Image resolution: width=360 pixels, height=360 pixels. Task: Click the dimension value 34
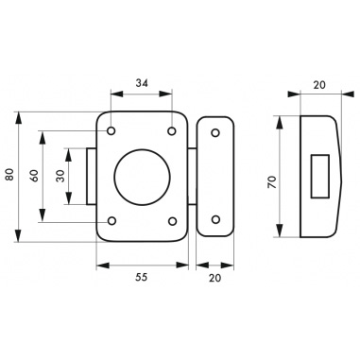pyautogui.click(x=142, y=83)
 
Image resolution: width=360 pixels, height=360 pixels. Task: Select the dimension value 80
pyautogui.click(x=10, y=174)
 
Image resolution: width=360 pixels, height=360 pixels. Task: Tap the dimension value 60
pyautogui.click(x=34, y=175)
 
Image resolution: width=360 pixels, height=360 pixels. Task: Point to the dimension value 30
pyautogui.click(x=60, y=176)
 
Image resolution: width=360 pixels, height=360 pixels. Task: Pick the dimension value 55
pyautogui.click(x=142, y=277)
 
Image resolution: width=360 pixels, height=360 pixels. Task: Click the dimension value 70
pyautogui.click(x=272, y=182)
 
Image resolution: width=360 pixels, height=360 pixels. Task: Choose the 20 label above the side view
pyautogui.click(x=319, y=85)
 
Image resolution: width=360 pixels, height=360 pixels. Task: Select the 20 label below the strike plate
pyautogui.click(x=215, y=278)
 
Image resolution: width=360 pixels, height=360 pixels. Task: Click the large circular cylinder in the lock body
pyautogui.click(x=142, y=177)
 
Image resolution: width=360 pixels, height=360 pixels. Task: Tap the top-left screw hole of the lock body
pyautogui.click(x=111, y=130)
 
